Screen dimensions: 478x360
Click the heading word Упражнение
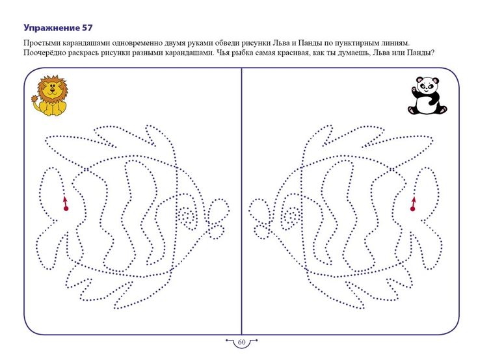[x=51, y=28]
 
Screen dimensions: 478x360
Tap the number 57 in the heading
[x=87, y=28]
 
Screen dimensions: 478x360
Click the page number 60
[x=241, y=342]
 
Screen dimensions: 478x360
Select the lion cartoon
[x=49, y=96]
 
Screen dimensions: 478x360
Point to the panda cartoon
[x=427, y=96]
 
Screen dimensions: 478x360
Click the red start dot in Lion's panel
[x=66, y=209]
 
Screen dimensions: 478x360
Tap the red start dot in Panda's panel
[x=412, y=209]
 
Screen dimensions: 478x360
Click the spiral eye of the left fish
[x=186, y=218]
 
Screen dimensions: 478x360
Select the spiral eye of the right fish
[x=292, y=218]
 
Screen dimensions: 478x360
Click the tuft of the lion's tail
[x=35, y=99]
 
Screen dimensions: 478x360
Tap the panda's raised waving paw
[x=414, y=90]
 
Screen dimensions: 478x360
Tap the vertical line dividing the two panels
[x=241, y=201]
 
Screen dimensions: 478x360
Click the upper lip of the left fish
[x=218, y=209]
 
